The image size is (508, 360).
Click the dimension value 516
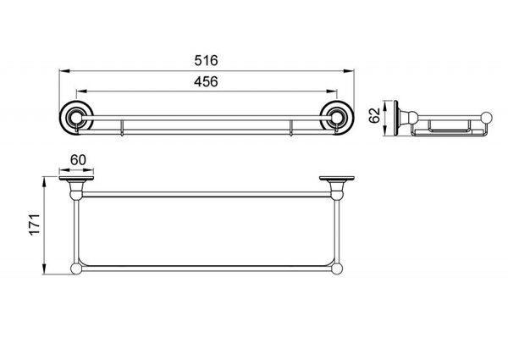pos(206,61)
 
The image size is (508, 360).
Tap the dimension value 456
pos(206,81)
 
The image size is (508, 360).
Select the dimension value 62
pos(374,115)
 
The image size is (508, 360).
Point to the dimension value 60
pos(78,160)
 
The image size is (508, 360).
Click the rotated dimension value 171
pos(35,224)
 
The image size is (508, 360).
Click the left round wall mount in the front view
pos(76,118)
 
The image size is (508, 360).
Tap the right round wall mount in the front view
pos(337,118)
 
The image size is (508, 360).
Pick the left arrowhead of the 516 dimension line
pos(63,70)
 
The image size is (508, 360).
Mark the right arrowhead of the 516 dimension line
pos(349,70)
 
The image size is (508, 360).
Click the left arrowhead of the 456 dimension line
pos(81,91)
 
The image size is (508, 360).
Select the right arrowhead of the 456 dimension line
pos(333,91)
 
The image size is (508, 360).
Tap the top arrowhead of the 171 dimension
pos(44,181)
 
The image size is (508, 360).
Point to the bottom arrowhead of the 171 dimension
pos(44,269)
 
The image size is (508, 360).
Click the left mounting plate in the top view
pos(76,178)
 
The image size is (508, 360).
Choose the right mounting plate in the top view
pos(337,178)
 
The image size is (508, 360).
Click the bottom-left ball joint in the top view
pos(76,269)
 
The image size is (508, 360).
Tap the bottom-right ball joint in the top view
pos(337,269)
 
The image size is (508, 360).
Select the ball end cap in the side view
pos(486,117)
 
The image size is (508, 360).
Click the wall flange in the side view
pos(396,118)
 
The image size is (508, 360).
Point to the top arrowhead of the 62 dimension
pos(385,106)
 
